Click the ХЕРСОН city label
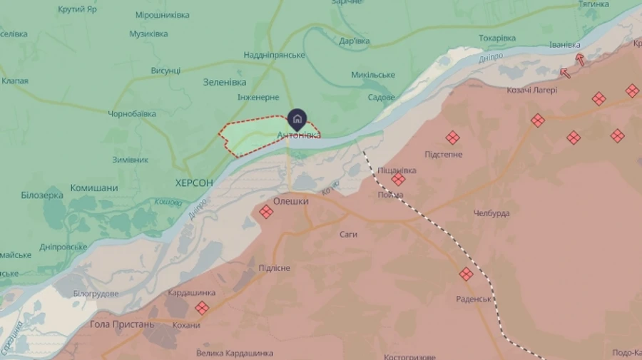tap(194, 183)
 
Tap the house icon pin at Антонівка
tap(297, 119)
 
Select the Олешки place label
tap(291, 202)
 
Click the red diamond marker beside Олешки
tap(266, 212)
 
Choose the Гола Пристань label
tap(122, 324)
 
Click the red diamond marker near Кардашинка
tap(202, 308)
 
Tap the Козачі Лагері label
tap(532, 90)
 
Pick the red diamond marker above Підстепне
tap(452, 138)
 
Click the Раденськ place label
tap(474, 299)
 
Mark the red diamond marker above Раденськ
tap(466, 274)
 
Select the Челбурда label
tap(491, 213)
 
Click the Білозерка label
tap(42, 195)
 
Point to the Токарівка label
tap(497, 38)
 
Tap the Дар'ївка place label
tap(355, 41)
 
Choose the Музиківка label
tap(149, 34)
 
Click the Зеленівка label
tap(225, 82)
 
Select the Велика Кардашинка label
tap(235, 353)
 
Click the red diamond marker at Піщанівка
tap(398, 180)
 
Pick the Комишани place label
tap(94, 188)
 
